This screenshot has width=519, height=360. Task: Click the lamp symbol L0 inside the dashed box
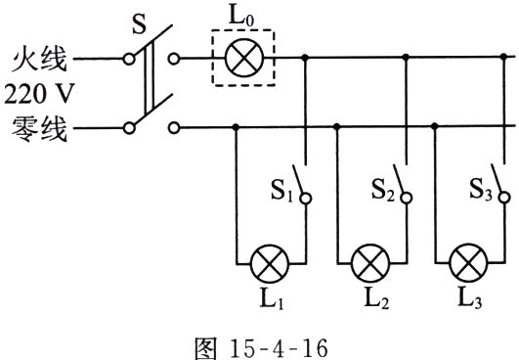[244, 58]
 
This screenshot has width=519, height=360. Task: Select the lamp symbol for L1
[270, 263]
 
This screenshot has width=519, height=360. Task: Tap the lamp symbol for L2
[370, 263]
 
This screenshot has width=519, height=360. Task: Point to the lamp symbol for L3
[469, 262]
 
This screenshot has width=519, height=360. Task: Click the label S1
[281, 191]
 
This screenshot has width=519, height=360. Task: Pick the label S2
[382, 190]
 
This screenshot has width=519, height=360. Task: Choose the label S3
[481, 190]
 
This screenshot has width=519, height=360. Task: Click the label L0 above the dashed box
[241, 18]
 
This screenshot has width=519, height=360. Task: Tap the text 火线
[39, 59]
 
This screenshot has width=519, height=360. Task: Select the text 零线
[39, 128]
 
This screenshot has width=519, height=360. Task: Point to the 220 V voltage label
[38, 94]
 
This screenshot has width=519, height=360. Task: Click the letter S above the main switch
[139, 24]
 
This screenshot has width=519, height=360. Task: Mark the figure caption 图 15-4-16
[261, 347]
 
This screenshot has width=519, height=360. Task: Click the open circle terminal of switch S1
[306, 199]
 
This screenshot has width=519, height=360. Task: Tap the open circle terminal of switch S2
[407, 198]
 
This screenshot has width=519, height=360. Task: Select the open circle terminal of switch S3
[504, 198]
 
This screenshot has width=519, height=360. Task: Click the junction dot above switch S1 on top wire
[305, 58]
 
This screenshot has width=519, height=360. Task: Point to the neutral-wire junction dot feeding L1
[236, 127]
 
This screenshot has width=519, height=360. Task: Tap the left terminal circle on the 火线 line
[129, 59]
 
